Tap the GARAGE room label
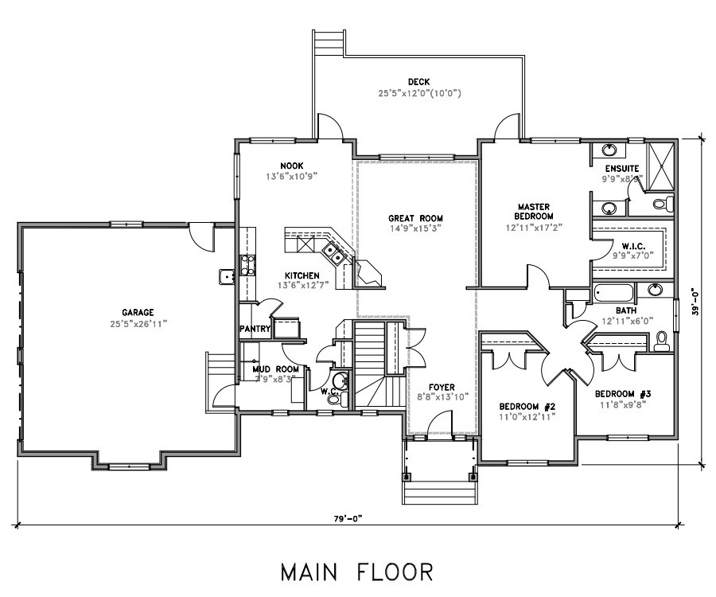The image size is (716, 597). pyautogui.click(x=137, y=313)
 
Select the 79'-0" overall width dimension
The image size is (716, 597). pyautogui.click(x=348, y=518)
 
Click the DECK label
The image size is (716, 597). pyautogui.click(x=418, y=82)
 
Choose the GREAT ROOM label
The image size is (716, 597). pyautogui.click(x=415, y=218)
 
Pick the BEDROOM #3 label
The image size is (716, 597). pyautogui.click(x=625, y=394)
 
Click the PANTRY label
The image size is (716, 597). pyautogui.click(x=255, y=329)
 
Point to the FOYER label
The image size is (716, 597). pyautogui.click(x=442, y=387)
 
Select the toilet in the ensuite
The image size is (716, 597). pyautogui.click(x=661, y=205)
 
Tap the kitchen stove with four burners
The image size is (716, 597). pyautogui.click(x=247, y=264)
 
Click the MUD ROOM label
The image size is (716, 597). pyautogui.click(x=275, y=369)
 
